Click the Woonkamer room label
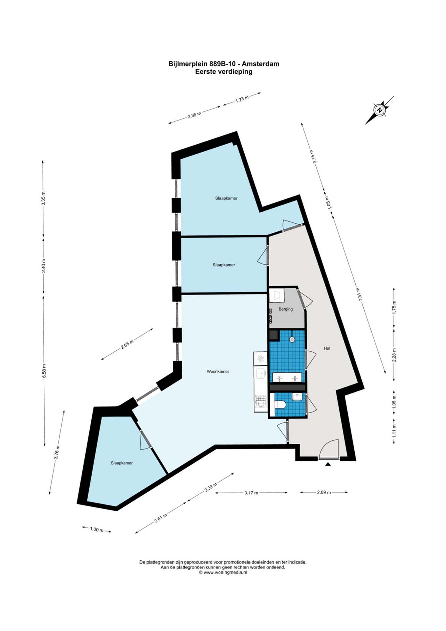pyautogui.click(x=218, y=371)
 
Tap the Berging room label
pyautogui.click(x=285, y=309)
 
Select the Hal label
pyautogui.click(x=327, y=348)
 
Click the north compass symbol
pyautogui.click(x=380, y=110)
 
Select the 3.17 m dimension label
pyautogui.click(x=251, y=493)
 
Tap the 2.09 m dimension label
pyautogui.click(x=324, y=492)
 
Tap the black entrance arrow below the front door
pyautogui.click(x=328, y=464)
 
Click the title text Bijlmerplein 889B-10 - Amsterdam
pyautogui.click(x=224, y=64)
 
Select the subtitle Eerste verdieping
pyautogui.click(x=224, y=72)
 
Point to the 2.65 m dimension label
pyautogui.click(x=127, y=343)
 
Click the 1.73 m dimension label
pyautogui.click(x=242, y=99)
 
